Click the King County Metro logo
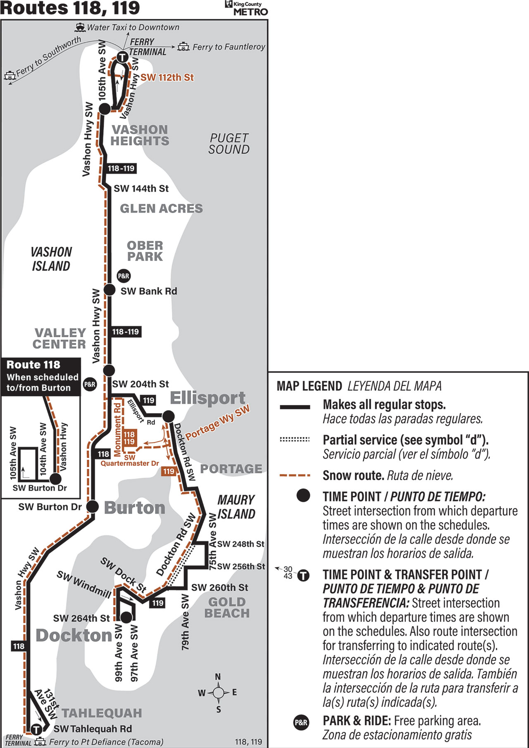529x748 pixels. pos(246,8)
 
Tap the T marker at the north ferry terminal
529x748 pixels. pos(123,57)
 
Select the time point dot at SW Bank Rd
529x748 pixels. pos(109,290)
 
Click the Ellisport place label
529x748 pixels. pos(208,398)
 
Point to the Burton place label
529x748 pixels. pos(135,508)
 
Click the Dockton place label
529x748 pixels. pos(74,635)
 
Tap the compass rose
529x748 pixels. pos(218,693)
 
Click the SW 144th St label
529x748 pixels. pos(141,189)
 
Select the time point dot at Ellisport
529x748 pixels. pos(169,416)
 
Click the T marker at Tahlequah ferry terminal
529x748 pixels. pos(36,729)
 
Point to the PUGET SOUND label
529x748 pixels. pos(229,144)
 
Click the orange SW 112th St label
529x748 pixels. pos(167,78)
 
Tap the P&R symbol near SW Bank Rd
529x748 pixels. pos(124,276)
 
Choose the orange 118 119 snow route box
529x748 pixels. pos(129,438)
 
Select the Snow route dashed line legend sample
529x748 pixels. pos(295,475)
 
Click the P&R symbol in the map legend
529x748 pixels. pos(301,722)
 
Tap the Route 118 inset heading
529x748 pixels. pos(33,365)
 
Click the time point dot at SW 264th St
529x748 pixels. pos(126,617)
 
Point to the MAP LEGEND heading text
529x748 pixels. pos(309,386)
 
